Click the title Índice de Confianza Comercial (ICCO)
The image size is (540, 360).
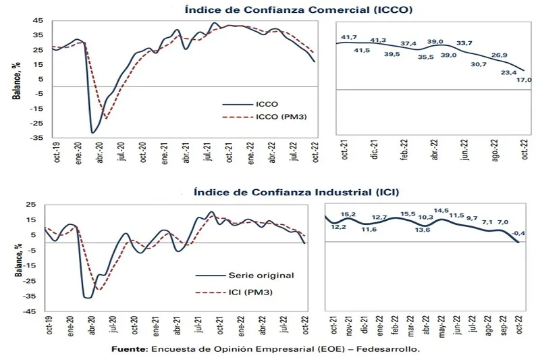click(298, 10)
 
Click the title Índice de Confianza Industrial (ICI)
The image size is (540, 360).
click(296, 192)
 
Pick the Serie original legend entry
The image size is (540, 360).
click(261, 275)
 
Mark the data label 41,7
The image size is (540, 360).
click(349, 37)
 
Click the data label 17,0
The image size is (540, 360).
click(524, 80)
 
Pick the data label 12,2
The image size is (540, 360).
click(338, 227)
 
